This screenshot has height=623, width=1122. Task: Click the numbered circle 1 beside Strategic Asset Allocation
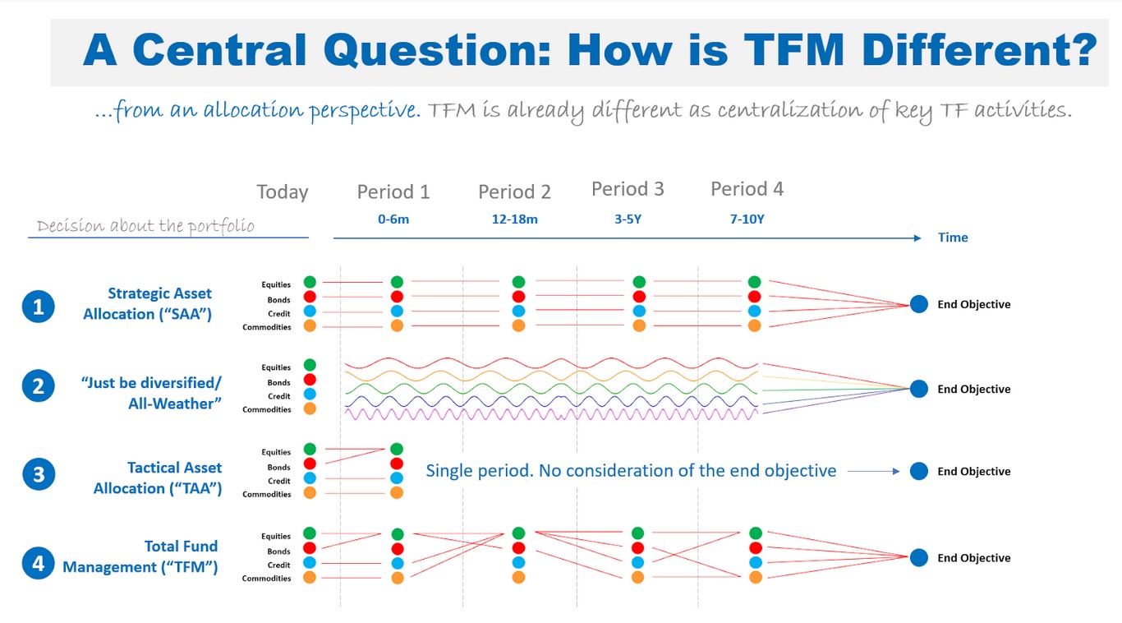pyautogui.click(x=39, y=307)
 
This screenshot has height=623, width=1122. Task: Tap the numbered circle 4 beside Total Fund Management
pyautogui.click(x=39, y=563)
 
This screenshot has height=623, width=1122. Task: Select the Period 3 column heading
pyautogui.click(x=628, y=189)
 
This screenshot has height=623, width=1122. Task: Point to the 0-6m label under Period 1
pyautogui.click(x=393, y=219)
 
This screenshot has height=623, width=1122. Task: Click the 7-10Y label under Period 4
pyautogui.click(x=747, y=219)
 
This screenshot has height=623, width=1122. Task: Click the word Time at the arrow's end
pyautogui.click(x=953, y=238)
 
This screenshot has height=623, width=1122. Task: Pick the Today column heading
pyautogui.click(x=283, y=192)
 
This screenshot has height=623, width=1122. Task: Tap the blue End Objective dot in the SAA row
pyautogui.click(x=919, y=304)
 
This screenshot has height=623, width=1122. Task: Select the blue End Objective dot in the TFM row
pyautogui.click(x=919, y=557)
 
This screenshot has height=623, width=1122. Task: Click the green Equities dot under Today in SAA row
pyautogui.click(x=310, y=283)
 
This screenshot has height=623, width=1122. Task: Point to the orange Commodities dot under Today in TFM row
pyautogui.click(x=310, y=578)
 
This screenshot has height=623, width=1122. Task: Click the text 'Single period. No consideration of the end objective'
pyautogui.click(x=631, y=471)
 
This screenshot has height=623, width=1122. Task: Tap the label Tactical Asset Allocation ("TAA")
pyautogui.click(x=158, y=478)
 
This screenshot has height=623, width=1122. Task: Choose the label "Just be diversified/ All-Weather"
pyautogui.click(x=152, y=393)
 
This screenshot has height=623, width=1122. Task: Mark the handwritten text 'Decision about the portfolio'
pyautogui.click(x=145, y=226)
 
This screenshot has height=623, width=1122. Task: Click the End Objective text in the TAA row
pyautogui.click(x=974, y=472)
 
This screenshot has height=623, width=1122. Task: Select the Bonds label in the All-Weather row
pyautogui.click(x=278, y=382)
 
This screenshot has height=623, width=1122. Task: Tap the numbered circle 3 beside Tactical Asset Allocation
pyautogui.click(x=39, y=474)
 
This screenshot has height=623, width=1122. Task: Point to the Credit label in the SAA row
pyautogui.click(x=279, y=314)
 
